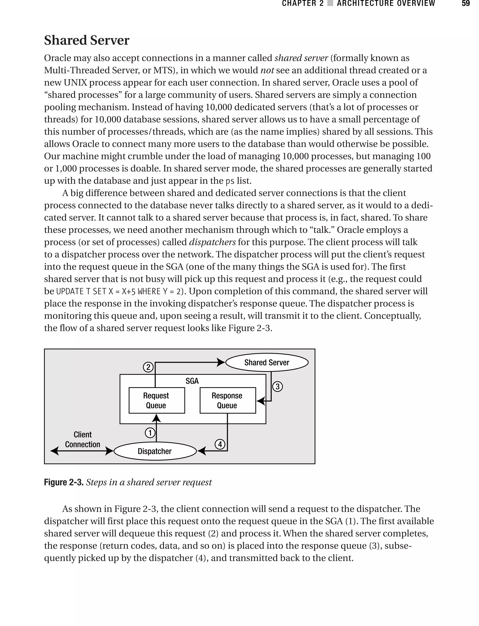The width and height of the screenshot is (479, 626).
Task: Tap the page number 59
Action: pos(466,4)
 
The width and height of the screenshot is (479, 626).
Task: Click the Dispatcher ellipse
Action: pos(155,451)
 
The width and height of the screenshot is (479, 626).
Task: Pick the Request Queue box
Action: pos(156,400)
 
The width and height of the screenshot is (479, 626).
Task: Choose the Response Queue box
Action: pos(228,400)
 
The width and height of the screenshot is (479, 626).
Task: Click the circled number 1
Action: pos(150,433)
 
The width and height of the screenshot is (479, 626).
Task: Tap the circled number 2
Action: pos(148,367)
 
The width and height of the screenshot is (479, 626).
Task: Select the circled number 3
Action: pos(277,387)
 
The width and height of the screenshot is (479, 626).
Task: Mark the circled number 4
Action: pos(220,444)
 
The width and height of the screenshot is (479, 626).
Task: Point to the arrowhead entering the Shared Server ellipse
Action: pos(221,362)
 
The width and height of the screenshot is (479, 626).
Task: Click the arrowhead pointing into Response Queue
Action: pos(260,401)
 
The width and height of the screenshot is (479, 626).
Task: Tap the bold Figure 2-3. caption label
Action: pos(64,482)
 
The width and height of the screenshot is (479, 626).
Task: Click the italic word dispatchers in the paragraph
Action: pos(212,242)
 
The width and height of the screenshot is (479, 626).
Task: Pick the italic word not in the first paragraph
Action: pos(267,70)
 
